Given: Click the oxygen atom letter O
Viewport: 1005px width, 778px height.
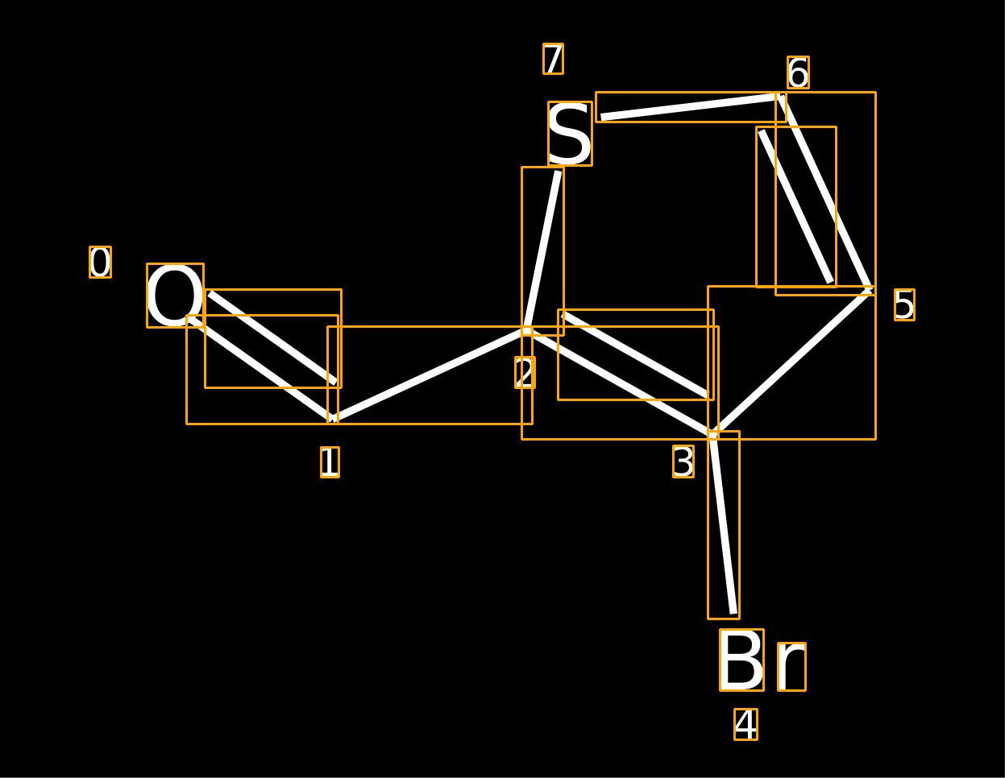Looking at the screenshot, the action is click(175, 296).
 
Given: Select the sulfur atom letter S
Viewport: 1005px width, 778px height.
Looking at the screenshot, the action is click(570, 134).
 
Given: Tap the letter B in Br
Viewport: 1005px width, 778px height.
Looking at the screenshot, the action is click(741, 660).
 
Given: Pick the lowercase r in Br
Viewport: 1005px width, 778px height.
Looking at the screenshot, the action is click(791, 667).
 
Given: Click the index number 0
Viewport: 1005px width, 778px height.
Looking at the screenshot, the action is click(101, 262).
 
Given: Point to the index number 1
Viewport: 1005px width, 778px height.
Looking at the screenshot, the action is click(330, 462).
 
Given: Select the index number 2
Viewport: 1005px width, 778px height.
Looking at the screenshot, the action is click(525, 372).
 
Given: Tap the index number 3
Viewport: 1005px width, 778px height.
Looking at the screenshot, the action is click(683, 461).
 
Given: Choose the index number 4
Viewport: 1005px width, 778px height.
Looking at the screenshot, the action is click(745, 724).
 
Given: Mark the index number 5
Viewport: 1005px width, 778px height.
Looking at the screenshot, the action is click(904, 305).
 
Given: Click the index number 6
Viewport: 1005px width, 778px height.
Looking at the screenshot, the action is click(798, 72).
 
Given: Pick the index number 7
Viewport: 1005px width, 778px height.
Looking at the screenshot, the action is click(553, 59).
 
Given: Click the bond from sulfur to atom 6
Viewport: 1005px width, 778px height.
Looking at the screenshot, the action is click(691, 107).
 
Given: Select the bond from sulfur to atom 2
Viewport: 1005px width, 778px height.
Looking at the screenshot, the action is click(542, 250).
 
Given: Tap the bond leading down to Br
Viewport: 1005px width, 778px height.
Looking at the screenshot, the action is click(724, 525).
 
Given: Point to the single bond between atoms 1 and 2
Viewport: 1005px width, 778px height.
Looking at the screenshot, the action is click(430, 375).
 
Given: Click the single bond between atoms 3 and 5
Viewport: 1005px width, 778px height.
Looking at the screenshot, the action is click(791, 362).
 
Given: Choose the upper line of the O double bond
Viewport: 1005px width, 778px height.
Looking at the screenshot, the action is click(273, 338).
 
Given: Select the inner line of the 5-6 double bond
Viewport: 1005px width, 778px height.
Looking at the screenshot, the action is click(796, 206).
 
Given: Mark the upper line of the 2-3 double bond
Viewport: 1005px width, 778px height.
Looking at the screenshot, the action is click(635, 354).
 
